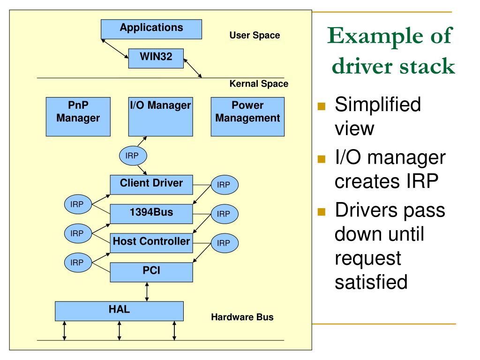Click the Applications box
[151, 29]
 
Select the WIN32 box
[156, 58]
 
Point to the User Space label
[255, 35]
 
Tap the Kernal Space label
[259, 85]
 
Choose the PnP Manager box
[78, 117]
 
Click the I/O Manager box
[160, 117]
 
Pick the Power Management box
[247, 117]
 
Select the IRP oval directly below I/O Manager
[133, 156]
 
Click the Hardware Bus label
[242, 317]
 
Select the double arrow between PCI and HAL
[148, 292]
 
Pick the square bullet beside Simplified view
[321, 107]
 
